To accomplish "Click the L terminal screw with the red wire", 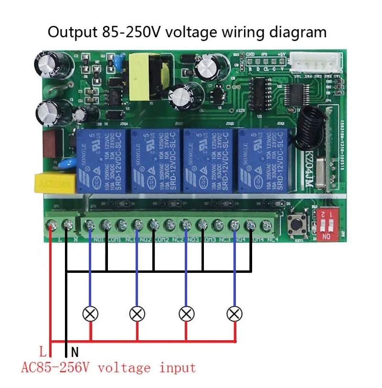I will tap(51, 224).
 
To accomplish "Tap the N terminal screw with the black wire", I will tap(66, 224).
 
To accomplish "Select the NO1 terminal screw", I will tap(89, 224).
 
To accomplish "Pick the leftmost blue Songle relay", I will tap(102, 160).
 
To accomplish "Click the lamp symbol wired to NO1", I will tap(89, 313).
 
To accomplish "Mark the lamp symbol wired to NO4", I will tap(234, 313).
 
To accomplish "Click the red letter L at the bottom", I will tap(43, 353).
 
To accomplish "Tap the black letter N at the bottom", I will tap(74, 353).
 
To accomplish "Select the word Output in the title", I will tap(72, 32).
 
